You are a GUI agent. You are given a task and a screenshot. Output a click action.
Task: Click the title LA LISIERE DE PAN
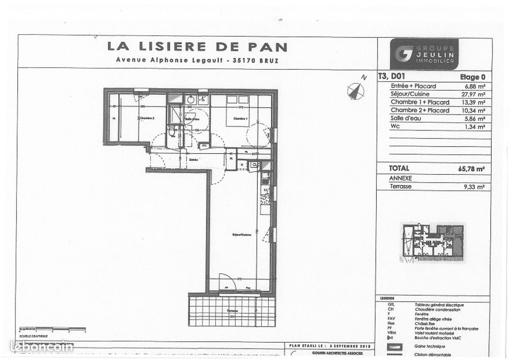coord(197,47)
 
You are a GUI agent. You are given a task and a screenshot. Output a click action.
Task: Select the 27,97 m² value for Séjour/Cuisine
coord(473,94)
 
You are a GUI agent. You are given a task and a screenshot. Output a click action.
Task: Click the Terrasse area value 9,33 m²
coord(474,187)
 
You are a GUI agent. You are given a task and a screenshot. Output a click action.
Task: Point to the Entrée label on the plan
coord(193,159)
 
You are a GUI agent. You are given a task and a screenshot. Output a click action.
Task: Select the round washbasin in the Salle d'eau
coord(190,100)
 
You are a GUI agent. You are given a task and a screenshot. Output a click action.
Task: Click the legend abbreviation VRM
coord(391,333)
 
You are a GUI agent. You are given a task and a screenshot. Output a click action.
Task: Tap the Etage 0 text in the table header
coord(472,77)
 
